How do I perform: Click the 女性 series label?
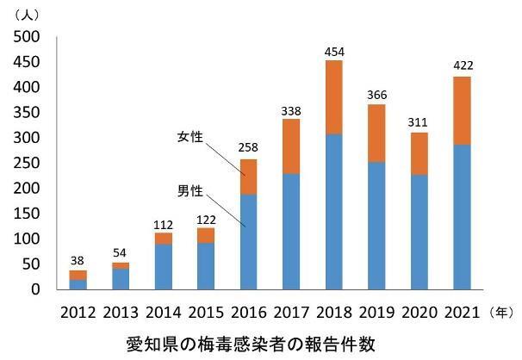tap(189, 137)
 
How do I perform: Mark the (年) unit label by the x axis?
tap(500, 311)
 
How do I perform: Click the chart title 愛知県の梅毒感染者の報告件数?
tap(250, 343)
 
